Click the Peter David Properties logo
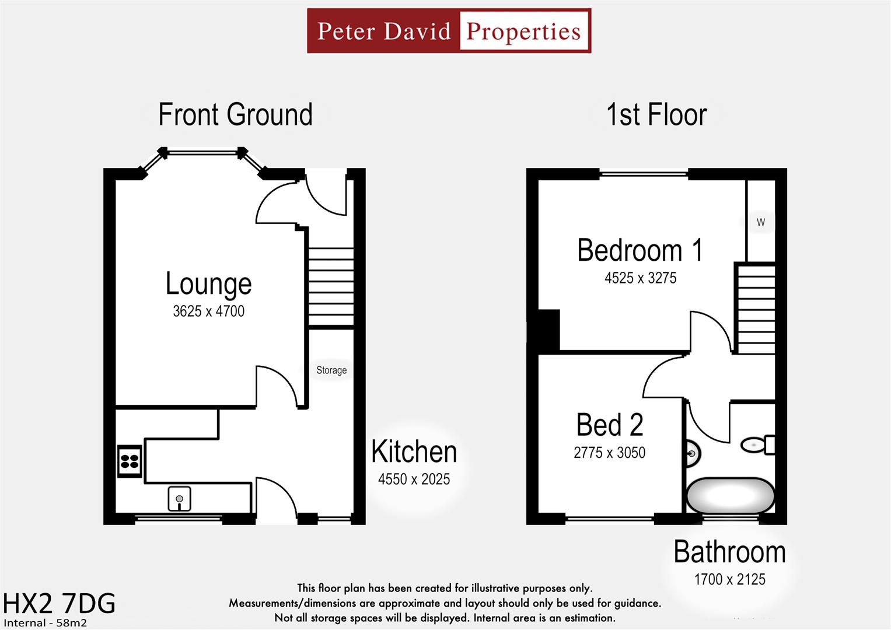click(x=449, y=31)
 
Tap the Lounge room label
click(x=208, y=283)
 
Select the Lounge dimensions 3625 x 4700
click(x=208, y=311)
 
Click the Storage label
click(x=331, y=370)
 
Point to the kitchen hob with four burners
click(x=130, y=461)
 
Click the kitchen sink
click(x=179, y=499)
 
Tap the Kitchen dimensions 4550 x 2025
click(x=414, y=480)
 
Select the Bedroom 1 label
click(x=640, y=250)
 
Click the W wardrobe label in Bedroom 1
click(x=760, y=222)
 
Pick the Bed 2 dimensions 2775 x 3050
click(x=609, y=453)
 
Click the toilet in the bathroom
click(x=758, y=445)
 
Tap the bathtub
click(x=730, y=496)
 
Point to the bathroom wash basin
click(x=693, y=453)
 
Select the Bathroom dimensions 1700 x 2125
click(x=729, y=579)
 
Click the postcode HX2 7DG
click(x=59, y=604)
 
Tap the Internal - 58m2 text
click(x=45, y=623)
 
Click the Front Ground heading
click(x=235, y=114)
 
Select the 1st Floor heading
click(x=656, y=114)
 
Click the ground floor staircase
click(x=331, y=287)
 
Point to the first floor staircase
click(x=756, y=309)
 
